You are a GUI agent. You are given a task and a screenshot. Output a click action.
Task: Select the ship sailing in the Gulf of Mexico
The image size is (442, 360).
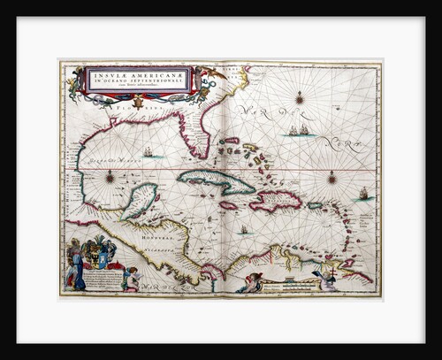(149, 151)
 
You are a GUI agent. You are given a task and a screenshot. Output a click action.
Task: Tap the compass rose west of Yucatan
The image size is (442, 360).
(110, 177)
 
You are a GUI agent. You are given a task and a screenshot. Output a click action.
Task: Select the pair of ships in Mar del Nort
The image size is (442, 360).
(299, 131)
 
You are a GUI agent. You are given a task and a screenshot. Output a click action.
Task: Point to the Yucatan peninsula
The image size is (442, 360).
(139, 200)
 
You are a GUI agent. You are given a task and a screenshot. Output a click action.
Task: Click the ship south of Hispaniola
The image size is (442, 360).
(244, 230)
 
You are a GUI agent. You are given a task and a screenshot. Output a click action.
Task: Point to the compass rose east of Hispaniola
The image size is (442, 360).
(332, 178)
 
